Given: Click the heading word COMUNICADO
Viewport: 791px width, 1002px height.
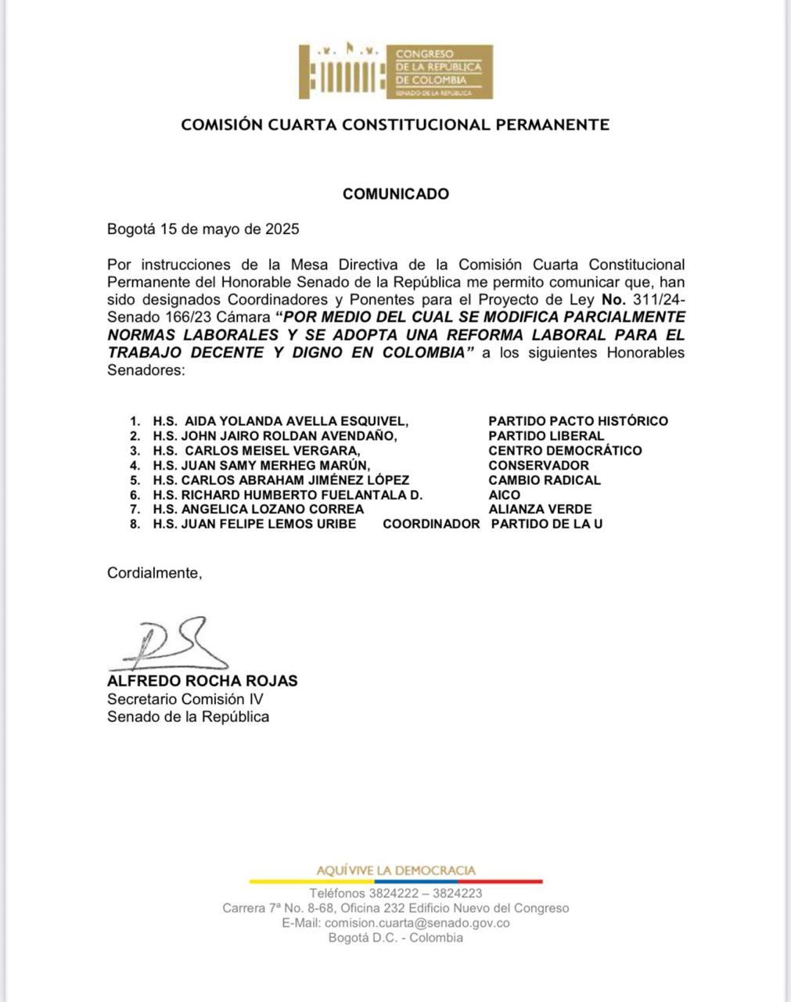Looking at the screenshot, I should pyautogui.click(x=396, y=194).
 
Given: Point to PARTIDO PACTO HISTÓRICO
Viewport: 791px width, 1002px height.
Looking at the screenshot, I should pyautogui.click(x=578, y=421).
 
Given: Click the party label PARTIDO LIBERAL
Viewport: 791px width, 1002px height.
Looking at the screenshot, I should pyautogui.click(x=546, y=436).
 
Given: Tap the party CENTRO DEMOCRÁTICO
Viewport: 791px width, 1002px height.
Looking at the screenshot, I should pyautogui.click(x=565, y=451).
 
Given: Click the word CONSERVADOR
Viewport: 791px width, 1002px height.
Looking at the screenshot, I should pyautogui.click(x=538, y=466).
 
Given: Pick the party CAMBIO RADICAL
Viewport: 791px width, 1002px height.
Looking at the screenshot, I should pyautogui.click(x=545, y=480).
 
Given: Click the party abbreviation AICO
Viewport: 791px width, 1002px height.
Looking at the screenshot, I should pyautogui.click(x=504, y=495).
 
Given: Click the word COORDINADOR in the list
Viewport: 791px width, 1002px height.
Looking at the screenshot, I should pyautogui.click(x=430, y=524).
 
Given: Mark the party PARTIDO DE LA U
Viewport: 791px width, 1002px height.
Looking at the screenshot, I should pyautogui.click(x=547, y=524).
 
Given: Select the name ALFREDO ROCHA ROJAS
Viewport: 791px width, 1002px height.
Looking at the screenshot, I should pyautogui.click(x=203, y=681).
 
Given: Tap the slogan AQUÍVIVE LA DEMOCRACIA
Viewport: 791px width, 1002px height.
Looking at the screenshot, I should pyautogui.click(x=396, y=870).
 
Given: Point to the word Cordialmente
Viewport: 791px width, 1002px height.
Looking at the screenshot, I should pyautogui.click(x=154, y=573).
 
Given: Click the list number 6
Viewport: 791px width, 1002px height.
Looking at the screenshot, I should pyautogui.click(x=135, y=496).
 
